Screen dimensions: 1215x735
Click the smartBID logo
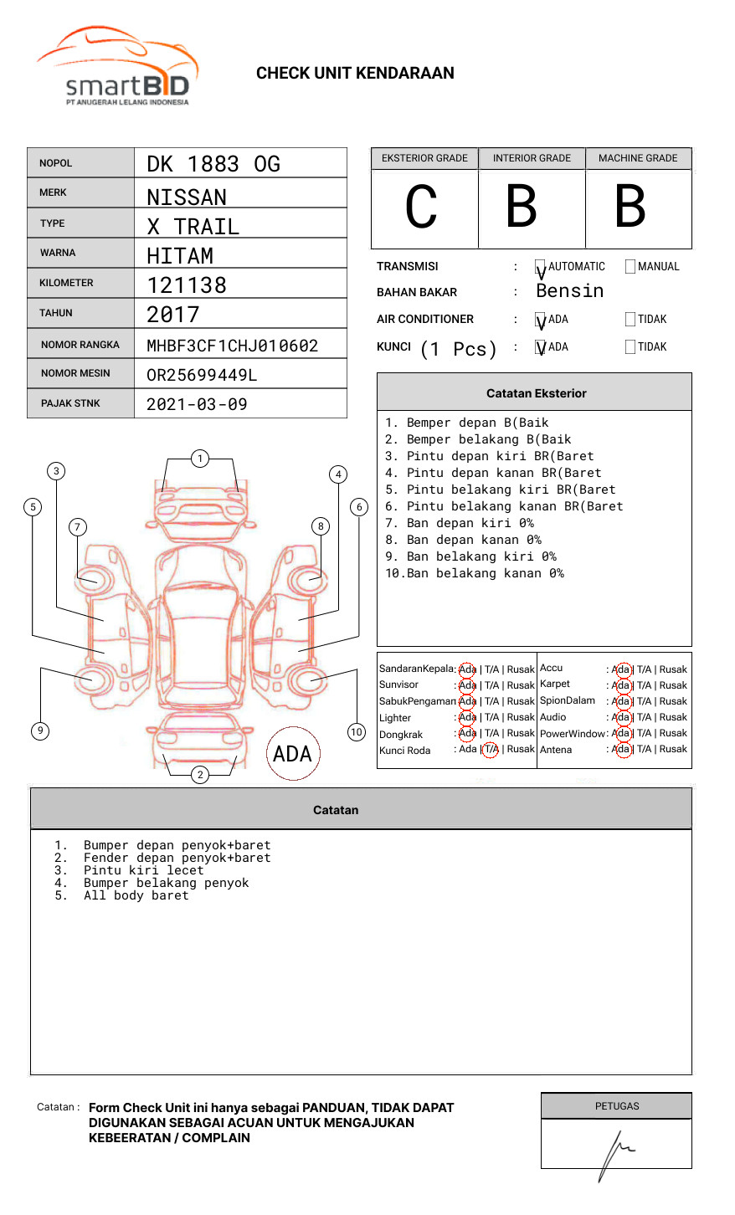[117, 67]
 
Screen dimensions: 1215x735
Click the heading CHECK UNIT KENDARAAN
[355, 74]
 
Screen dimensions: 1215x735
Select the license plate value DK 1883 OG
[213, 164]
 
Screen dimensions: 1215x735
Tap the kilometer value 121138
[187, 285]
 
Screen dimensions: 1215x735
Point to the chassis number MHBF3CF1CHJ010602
[232, 346]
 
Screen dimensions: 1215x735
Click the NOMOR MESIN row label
[75, 373]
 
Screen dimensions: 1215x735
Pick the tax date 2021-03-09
[197, 404]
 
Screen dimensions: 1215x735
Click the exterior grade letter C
[421, 207]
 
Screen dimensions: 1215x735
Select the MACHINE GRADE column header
[638, 158]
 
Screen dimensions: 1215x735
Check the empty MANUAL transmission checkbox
[630, 267]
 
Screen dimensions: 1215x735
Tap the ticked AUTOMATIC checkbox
[540, 268]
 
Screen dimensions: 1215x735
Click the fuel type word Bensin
[569, 291]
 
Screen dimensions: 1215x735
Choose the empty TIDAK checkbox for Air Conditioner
[630, 320]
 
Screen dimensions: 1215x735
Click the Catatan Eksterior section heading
[536, 393]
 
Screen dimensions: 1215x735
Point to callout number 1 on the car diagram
[199, 458]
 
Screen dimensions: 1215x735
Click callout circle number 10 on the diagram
[357, 732]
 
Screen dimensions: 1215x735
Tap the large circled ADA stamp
[292, 754]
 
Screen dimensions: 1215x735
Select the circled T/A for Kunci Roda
[491, 750]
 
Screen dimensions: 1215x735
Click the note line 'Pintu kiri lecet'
[143, 870]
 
